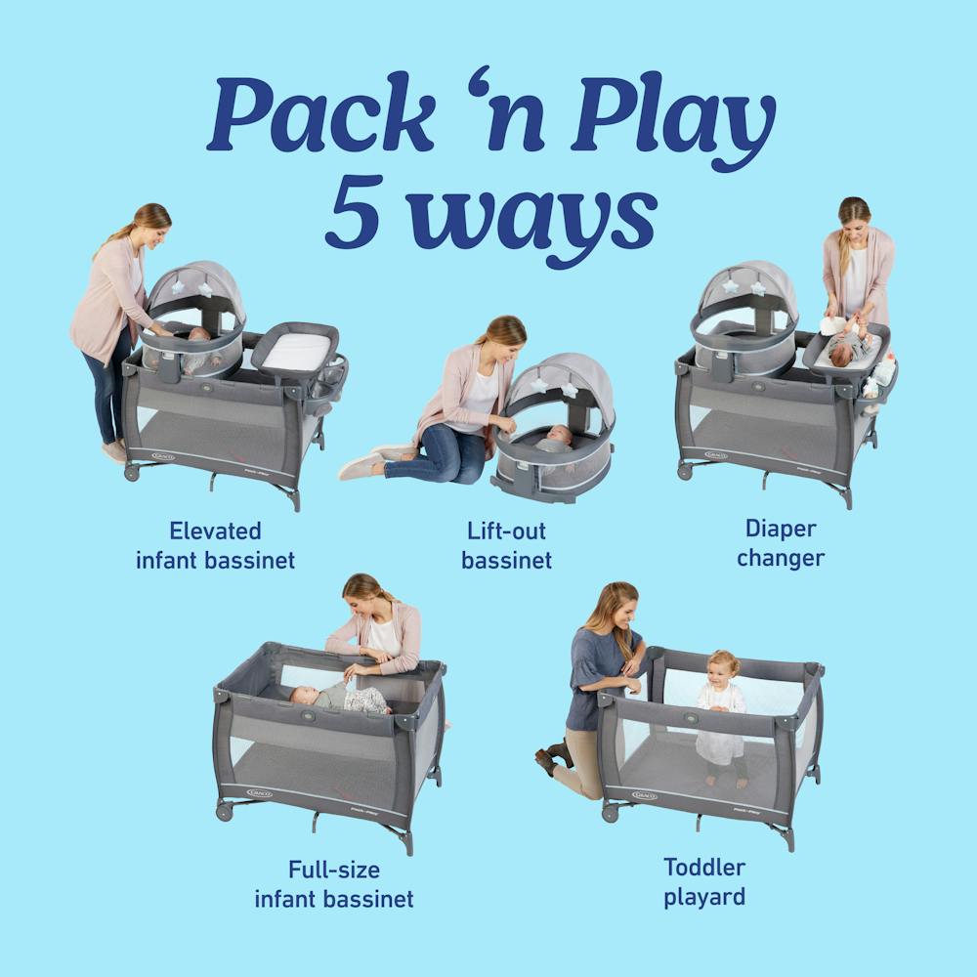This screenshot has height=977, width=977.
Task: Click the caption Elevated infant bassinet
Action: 216,545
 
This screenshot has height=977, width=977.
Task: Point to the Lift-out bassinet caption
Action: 506,546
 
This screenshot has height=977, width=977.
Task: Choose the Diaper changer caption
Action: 781,543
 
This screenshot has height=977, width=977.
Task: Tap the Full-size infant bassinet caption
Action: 334,884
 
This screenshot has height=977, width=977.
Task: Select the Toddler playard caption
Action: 704,881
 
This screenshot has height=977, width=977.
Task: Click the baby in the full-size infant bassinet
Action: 337,697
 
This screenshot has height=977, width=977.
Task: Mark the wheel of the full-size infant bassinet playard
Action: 224,812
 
